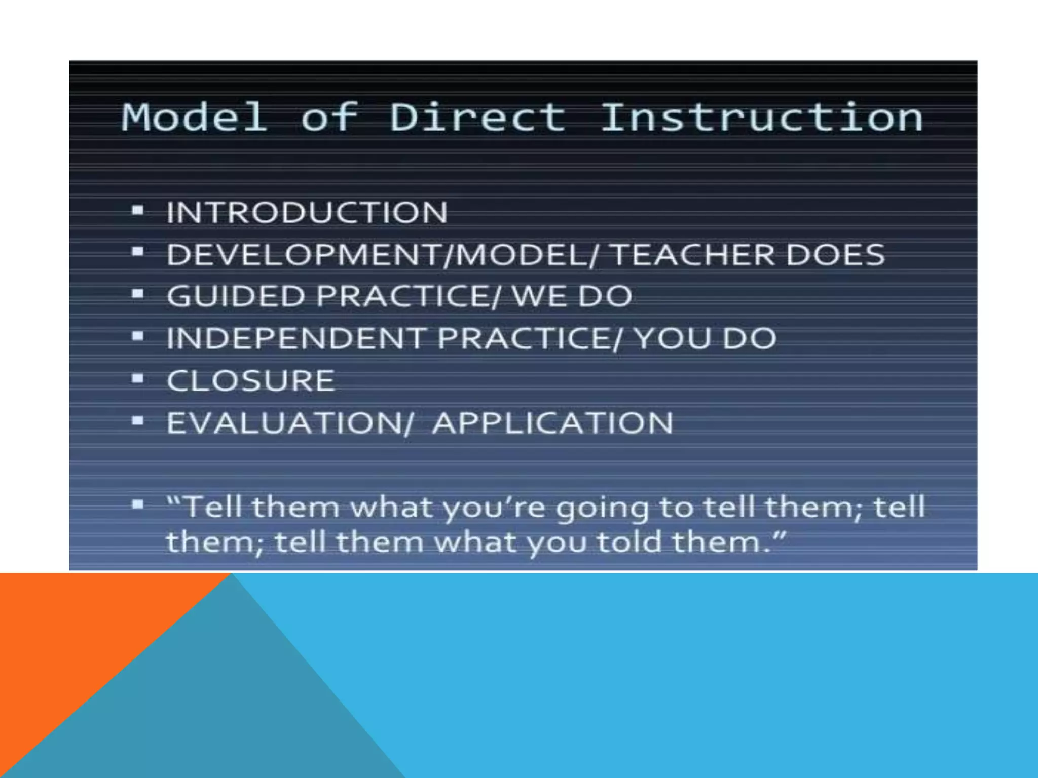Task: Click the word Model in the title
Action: click(x=194, y=118)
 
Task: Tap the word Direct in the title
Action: click(x=477, y=118)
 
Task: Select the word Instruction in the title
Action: click(x=762, y=118)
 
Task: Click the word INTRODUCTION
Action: click(x=307, y=212)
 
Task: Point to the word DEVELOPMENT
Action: click(x=304, y=254)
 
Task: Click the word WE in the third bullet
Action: click(x=539, y=296)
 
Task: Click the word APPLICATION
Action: click(x=553, y=423)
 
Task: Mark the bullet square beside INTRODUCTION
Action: click(x=137, y=210)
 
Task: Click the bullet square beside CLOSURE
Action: click(x=137, y=378)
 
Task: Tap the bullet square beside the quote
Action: click(x=137, y=504)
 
